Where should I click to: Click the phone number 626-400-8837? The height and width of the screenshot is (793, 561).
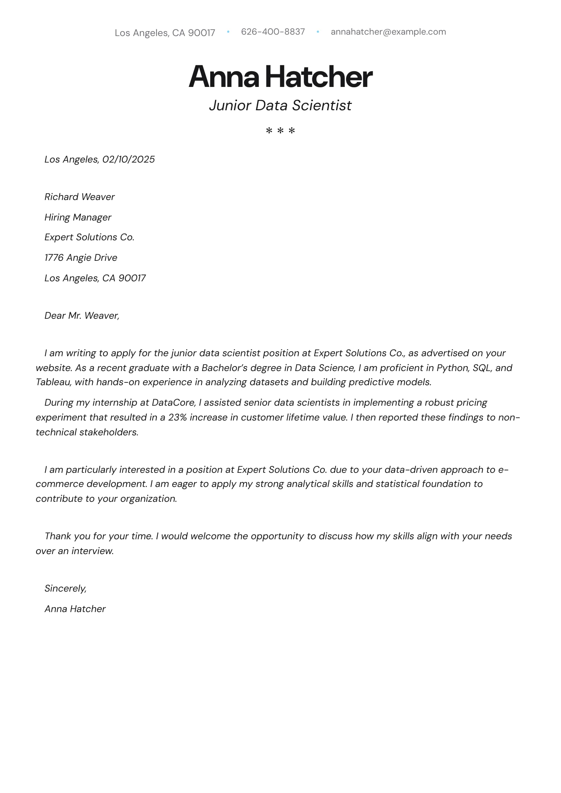(273, 32)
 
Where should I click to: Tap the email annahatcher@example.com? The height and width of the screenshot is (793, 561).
(388, 32)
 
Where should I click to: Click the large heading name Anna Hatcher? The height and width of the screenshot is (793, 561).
(280, 76)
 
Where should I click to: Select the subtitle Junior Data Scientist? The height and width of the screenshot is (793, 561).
(280, 105)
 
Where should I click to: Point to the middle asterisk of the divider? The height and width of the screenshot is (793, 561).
(280, 131)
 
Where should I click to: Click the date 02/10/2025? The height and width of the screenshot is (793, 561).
(129, 159)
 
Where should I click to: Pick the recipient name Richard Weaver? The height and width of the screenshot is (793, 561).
(79, 197)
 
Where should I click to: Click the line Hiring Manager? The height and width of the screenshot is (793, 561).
(78, 217)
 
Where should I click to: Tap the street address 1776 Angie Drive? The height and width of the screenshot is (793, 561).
(81, 258)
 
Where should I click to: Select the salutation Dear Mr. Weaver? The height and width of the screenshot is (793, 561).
(82, 316)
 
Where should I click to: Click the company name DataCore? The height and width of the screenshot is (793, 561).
(173, 403)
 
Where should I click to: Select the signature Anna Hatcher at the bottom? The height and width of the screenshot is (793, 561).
(75, 609)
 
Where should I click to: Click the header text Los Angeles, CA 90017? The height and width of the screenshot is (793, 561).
(165, 33)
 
